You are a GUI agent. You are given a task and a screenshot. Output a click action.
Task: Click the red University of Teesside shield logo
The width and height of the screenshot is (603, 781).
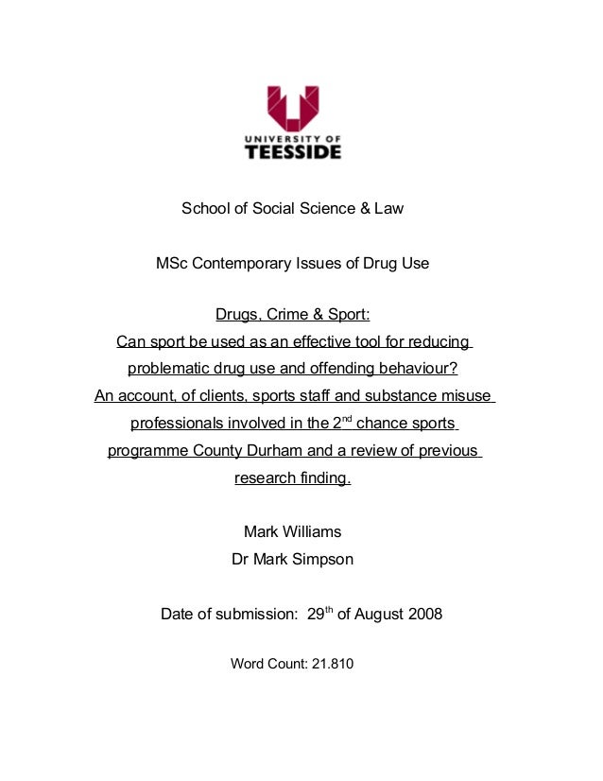[292, 108]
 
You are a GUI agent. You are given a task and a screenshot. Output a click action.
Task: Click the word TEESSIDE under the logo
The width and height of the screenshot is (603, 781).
[294, 151]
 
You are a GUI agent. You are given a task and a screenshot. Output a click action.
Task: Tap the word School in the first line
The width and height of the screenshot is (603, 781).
[205, 208]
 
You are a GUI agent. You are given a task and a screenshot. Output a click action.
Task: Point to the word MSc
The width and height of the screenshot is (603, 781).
[173, 264]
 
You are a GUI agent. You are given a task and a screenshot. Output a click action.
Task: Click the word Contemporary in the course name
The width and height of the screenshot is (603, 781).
[247, 264]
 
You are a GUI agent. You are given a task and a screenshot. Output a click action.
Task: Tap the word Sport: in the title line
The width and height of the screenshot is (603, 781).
[346, 314]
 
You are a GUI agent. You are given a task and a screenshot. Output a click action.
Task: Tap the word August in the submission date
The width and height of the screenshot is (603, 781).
[380, 615]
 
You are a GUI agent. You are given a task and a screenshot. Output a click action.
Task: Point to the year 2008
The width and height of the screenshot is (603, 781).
[424, 615]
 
